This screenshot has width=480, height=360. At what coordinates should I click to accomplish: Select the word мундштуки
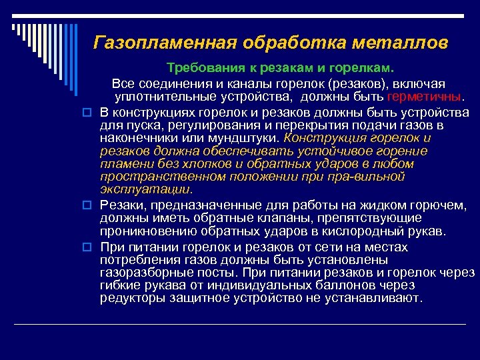click(x=246, y=138)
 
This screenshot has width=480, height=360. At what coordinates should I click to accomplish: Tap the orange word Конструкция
click(x=323, y=138)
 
